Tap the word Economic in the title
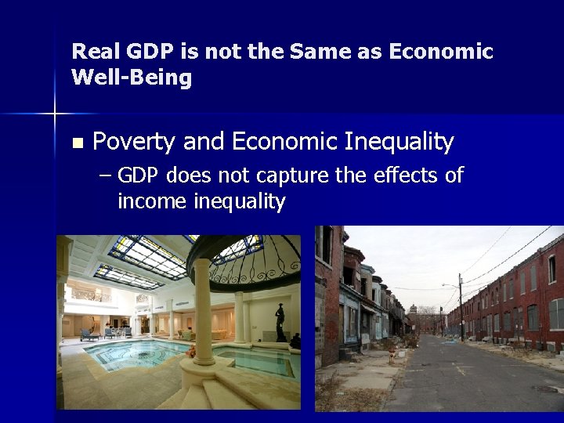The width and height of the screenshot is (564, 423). coord(444,52)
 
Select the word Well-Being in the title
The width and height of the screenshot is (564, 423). coord(132,78)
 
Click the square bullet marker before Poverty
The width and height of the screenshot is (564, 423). coord(76,143)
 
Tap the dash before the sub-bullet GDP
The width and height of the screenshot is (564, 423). coord(106,175)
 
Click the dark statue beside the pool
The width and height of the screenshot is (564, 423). coord(280,322)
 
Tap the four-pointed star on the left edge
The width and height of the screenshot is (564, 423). coord(54,114)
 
